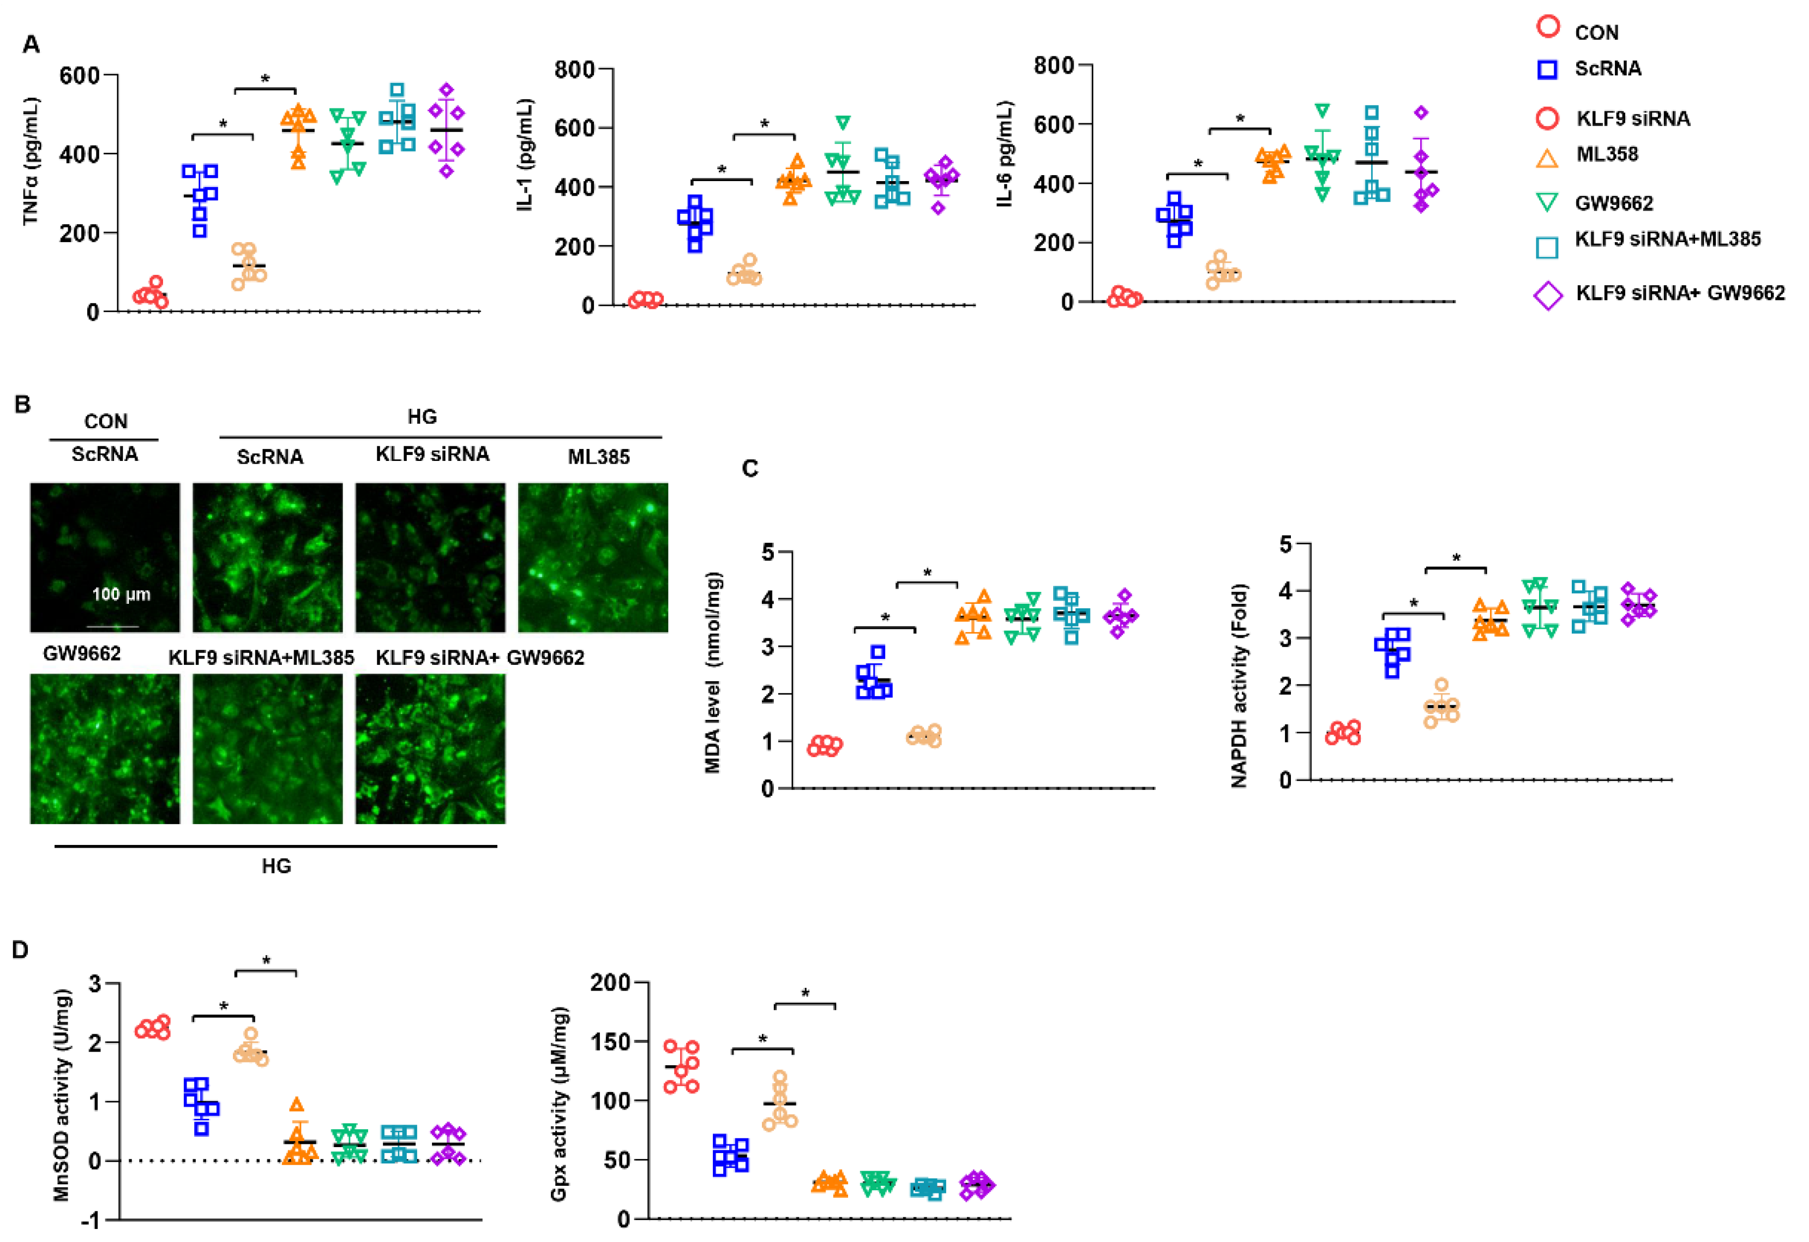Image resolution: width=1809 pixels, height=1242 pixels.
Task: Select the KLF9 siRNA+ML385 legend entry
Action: tap(1667, 239)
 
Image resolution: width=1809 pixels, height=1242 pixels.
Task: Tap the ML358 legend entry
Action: tap(1607, 154)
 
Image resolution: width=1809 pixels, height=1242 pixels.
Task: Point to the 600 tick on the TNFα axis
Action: tap(80, 75)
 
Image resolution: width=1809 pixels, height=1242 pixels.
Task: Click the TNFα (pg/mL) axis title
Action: tap(31, 161)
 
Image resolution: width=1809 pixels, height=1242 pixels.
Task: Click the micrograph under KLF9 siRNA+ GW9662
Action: tap(430, 748)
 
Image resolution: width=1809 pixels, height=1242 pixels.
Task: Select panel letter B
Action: tap(22, 404)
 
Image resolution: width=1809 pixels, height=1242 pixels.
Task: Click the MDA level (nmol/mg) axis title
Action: tap(712, 672)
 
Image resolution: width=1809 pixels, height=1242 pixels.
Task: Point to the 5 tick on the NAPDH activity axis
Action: tap(1287, 544)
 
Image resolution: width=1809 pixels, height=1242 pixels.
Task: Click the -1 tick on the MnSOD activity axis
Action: tap(92, 1220)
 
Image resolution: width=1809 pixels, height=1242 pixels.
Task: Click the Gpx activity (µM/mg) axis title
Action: tap(560, 1103)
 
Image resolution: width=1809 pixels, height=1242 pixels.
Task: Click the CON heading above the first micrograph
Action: tap(105, 421)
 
